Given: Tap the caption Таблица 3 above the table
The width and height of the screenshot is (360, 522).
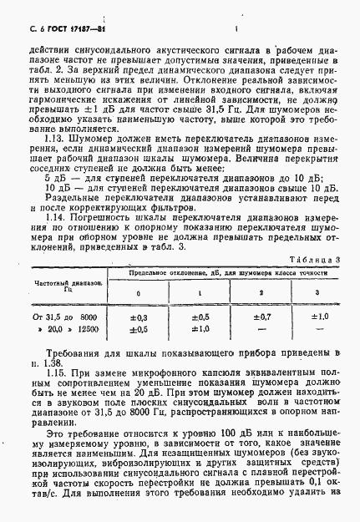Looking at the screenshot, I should coord(323,261).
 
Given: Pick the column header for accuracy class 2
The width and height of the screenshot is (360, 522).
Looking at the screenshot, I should coord(261,293).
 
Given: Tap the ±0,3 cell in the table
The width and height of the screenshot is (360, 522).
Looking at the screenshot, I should coord(139,318).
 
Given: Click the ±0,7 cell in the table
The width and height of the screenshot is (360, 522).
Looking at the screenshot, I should coord(261,318).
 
